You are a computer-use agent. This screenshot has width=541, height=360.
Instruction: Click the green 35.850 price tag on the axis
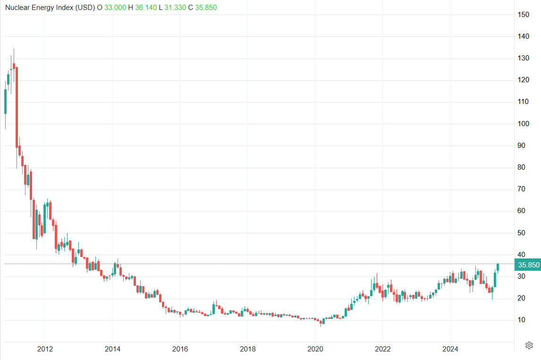528,265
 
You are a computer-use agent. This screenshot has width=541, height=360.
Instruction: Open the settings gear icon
529,345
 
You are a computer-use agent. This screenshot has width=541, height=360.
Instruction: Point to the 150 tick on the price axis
523,15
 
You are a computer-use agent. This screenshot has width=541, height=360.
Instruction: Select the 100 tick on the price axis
523,124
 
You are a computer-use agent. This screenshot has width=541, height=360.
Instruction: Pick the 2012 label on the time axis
44,349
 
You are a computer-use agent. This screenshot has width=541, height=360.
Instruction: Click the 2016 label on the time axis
180,349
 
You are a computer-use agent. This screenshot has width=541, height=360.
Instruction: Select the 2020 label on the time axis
315,349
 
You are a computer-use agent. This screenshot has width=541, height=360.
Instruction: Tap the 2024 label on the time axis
450,349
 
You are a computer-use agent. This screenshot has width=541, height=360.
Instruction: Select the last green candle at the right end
498,267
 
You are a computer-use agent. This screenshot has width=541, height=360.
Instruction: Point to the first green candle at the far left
5,102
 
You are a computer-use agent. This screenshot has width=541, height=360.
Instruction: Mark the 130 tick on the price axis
523,58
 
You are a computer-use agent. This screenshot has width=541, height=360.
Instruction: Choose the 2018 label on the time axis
247,349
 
